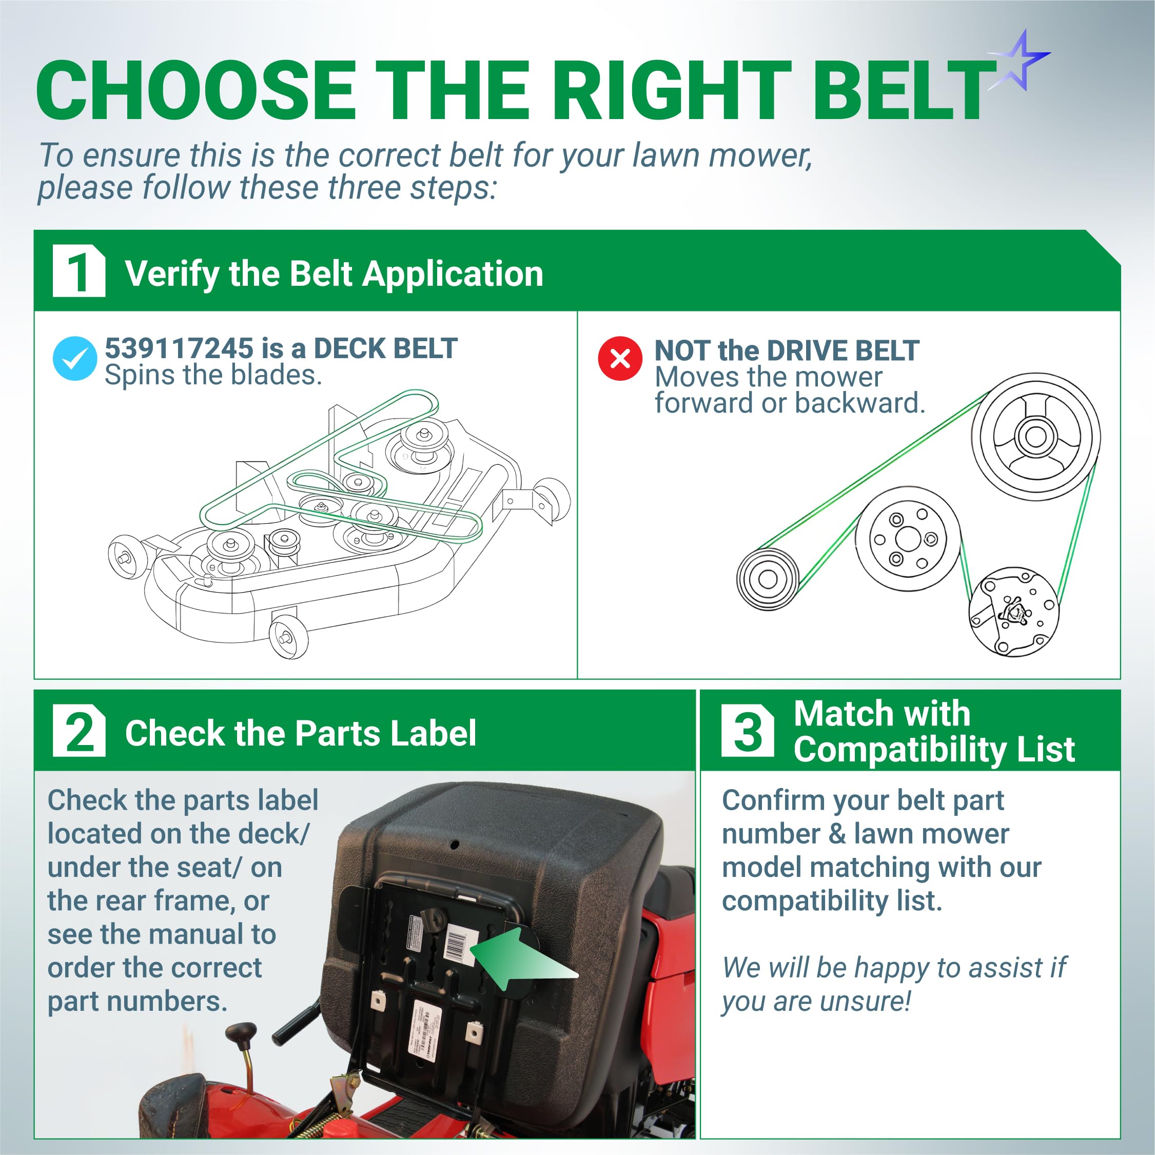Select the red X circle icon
[x=620, y=358]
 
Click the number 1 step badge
[x=79, y=270]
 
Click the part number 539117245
[x=180, y=348]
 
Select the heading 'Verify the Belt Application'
[x=334, y=275]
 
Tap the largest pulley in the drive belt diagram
[x=1035, y=437]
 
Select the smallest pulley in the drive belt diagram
[x=767, y=579]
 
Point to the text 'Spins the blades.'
[x=213, y=376]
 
